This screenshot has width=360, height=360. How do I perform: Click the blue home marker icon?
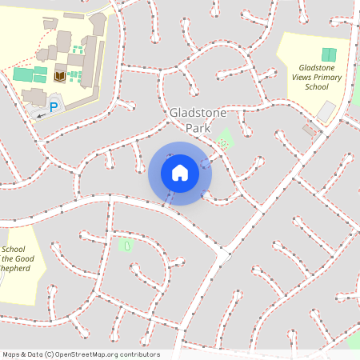point(180,173)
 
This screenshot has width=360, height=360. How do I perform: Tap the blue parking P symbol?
point(54,106)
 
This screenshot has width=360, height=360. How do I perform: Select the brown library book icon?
point(60,77)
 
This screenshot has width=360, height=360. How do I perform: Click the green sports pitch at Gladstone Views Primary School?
point(328,54)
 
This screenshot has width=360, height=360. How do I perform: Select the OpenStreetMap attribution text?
point(81,354)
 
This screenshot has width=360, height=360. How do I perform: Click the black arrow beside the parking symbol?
point(41,115)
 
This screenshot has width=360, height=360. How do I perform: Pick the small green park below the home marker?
point(126,244)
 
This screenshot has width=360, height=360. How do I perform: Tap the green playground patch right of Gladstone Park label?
point(224,140)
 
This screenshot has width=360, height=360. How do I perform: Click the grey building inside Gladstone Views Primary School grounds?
point(326,113)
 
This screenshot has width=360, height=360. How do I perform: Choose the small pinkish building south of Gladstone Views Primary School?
point(309,130)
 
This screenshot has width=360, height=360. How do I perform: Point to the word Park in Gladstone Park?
point(200,128)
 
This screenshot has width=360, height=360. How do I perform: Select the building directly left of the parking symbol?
point(34,97)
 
